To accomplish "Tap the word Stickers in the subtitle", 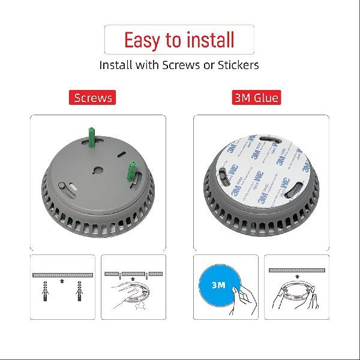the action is pyautogui.click(x=238, y=65).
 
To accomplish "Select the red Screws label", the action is pyautogui.click(x=92, y=98).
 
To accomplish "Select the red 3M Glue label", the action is pyautogui.click(x=256, y=98).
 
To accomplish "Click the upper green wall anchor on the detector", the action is pyautogui.click(x=92, y=137).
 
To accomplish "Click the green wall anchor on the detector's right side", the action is pyautogui.click(x=131, y=172).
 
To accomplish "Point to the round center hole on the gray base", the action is pyautogui.click(x=98, y=170).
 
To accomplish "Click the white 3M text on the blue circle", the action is pyautogui.click(x=218, y=285).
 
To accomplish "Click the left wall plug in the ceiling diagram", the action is pyautogui.click(x=46, y=290).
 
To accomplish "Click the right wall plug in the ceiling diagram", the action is pyautogui.click(x=79, y=290).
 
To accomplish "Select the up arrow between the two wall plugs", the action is pyautogui.click(x=62, y=281).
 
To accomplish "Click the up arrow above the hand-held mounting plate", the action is pyautogui.click(x=133, y=279).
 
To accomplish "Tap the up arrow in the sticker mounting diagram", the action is pyautogui.click(x=298, y=277).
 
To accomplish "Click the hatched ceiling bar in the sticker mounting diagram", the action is pyautogui.click(x=297, y=270).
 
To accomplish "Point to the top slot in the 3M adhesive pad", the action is pyautogui.click(x=269, y=139).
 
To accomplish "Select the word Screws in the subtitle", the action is pyautogui.click(x=181, y=65).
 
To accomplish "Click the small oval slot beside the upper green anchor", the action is pyautogui.click(x=121, y=154).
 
